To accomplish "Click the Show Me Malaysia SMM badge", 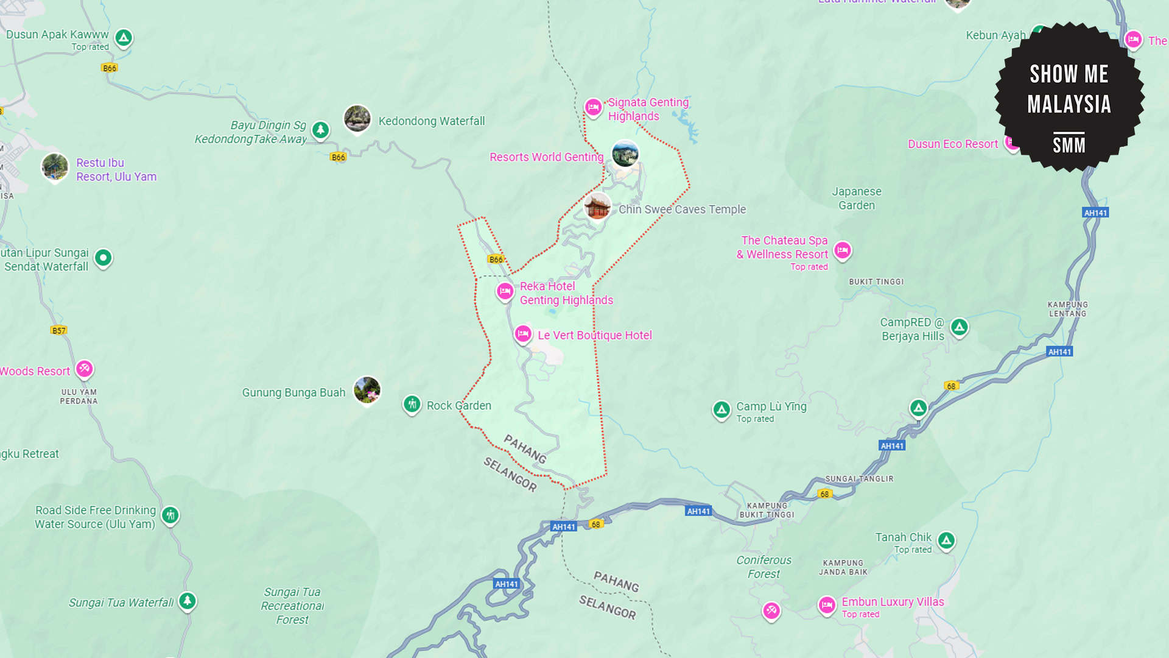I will [1069, 97].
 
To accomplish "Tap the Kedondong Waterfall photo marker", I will [357, 118].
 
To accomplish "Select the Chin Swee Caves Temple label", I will [682, 209].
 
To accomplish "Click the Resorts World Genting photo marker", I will [625, 153].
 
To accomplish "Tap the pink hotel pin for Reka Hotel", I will [505, 291].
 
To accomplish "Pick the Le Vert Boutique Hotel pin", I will [523, 334].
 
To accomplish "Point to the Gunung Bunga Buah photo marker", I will [367, 389].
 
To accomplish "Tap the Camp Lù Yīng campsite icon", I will [721, 410].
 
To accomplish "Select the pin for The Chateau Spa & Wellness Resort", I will [843, 250].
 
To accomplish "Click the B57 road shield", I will [58, 330].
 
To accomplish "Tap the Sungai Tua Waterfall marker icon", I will [188, 601].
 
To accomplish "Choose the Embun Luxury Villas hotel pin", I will [826, 605].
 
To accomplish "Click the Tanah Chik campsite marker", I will [946, 540].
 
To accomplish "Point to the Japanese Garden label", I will [856, 198].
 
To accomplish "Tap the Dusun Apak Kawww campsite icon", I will [124, 38].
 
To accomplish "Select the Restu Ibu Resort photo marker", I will [55, 166].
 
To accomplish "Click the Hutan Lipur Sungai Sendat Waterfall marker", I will [104, 258].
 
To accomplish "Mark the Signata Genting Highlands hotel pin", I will [593, 107].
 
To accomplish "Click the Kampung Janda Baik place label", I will [843, 567].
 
